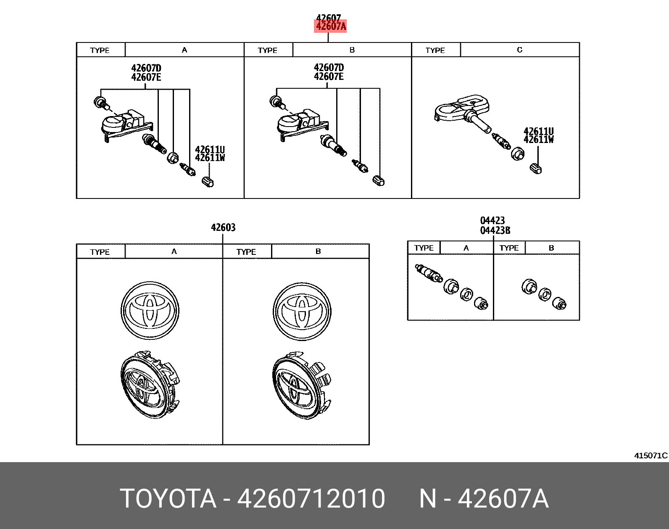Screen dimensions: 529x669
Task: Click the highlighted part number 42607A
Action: click(x=331, y=26)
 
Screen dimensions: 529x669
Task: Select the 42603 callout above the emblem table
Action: click(x=223, y=227)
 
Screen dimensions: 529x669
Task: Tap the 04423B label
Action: click(x=495, y=230)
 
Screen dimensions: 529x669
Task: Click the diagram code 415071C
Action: click(x=651, y=455)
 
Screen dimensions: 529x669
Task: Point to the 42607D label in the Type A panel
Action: click(x=146, y=68)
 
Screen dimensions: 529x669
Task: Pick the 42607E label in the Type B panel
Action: click(x=328, y=77)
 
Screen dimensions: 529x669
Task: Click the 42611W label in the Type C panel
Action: click(x=538, y=140)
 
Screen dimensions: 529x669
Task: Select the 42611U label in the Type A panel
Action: click(x=210, y=149)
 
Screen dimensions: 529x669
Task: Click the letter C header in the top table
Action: click(x=519, y=50)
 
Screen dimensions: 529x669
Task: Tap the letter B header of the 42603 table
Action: click(x=318, y=251)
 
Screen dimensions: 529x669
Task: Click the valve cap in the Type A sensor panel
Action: click(x=208, y=182)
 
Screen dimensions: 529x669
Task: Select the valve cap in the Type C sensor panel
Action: click(x=536, y=168)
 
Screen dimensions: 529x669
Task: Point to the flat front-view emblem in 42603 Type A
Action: click(x=150, y=310)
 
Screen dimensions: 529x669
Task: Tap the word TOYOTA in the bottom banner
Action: click(x=168, y=499)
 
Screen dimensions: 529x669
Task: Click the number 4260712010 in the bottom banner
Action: click(x=311, y=499)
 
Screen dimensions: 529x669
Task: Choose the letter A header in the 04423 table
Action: click(x=466, y=248)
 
